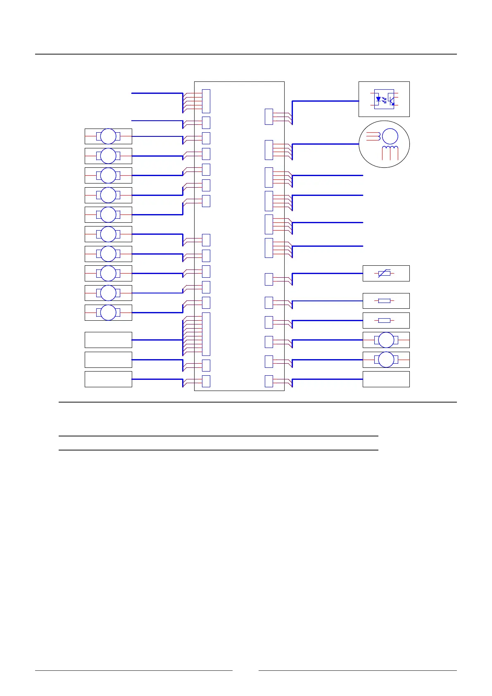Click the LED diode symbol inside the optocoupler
(378, 99)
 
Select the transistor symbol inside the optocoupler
(391, 99)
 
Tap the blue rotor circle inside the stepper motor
(390, 136)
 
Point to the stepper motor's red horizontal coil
(373, 136)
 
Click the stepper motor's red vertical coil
(390, 153)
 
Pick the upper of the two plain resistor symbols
(384, 301)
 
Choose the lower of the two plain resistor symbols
(384, 320)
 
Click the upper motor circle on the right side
(386, 340)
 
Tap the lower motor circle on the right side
(386, 360)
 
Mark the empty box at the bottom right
(386, 379)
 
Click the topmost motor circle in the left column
(108, 136)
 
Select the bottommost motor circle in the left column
(108, 312)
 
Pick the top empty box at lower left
(108, 340)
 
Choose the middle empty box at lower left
(108, 360)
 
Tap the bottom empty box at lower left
(108, 379)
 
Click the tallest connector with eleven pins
(206, 334)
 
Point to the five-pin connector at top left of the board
(206, 101)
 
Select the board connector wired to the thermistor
(269, 279)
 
